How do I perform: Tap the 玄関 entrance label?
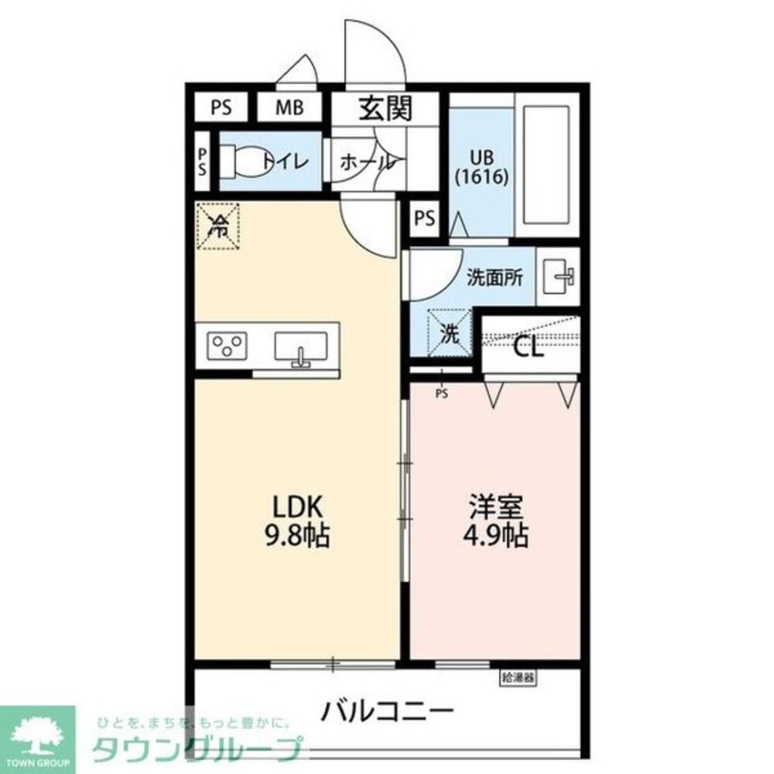point(385,109)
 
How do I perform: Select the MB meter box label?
point(289,108)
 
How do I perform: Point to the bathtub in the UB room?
point(546,163)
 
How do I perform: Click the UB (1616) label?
point(481,166)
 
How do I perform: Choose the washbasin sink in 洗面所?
point(559,276)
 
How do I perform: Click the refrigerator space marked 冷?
point(219,225)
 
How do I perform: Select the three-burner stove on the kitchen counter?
point(227,345)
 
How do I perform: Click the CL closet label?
point(529,346)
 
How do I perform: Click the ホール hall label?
point(368,163)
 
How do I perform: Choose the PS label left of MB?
point(221,108)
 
